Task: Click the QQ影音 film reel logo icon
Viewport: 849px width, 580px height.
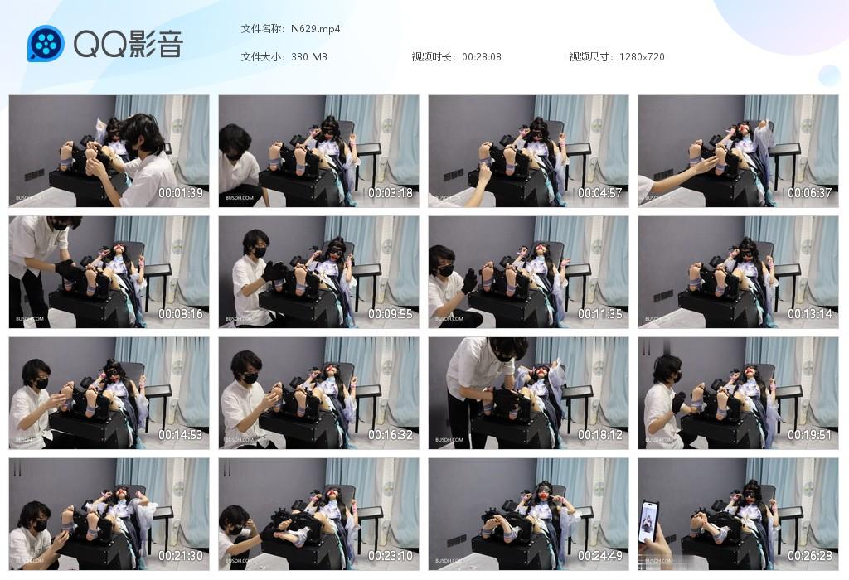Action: click(46, 44)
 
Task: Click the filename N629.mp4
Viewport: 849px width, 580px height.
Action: click(315, 29)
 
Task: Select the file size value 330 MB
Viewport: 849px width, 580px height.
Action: click(308, 57)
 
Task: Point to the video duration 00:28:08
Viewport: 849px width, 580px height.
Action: click(482, 57)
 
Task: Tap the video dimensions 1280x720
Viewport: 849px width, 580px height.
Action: click(642, 57)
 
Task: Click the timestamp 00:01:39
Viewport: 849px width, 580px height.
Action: click(181, 193)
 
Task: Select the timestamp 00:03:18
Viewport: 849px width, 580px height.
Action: click(391, 193)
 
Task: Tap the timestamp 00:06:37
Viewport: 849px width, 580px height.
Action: click(810, 193)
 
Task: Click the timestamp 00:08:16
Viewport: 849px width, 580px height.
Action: click(181, 314)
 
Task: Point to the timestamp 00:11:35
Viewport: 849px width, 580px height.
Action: click(600, 314)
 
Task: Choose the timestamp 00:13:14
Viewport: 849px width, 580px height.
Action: click(810, 314)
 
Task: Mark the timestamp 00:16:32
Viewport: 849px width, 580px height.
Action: click(391, 435)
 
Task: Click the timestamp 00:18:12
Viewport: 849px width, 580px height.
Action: click(600, 435)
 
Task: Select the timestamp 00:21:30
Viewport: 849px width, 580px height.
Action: click(181, 556)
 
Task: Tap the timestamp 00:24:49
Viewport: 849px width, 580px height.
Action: click(600, 556)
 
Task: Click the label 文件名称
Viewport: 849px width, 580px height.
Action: click(262, 29)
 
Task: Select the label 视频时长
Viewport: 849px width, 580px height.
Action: click(433, 57)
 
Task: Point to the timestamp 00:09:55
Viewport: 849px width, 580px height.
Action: click(391, 314)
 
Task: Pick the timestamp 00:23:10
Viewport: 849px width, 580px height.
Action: click(391, 556)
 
